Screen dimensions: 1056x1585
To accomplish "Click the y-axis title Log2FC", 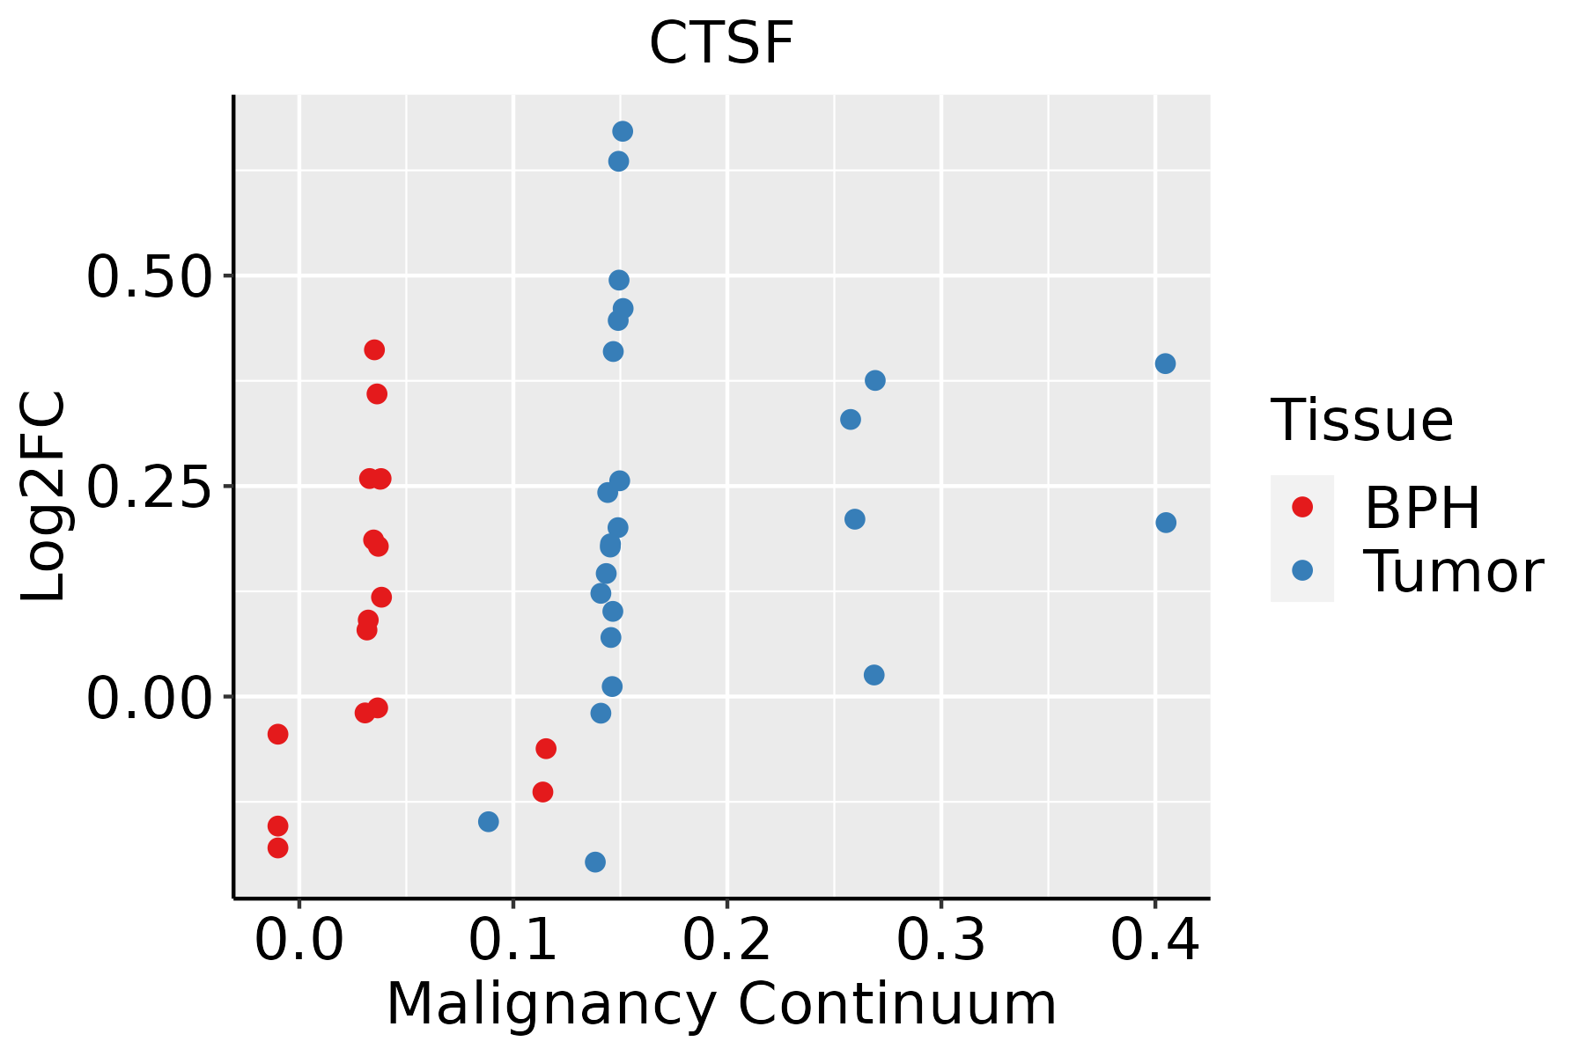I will [x=44, y=497].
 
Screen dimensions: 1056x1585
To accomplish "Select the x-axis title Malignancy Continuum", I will [x=721, y=1004].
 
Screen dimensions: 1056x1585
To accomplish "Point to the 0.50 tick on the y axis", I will [x=150, y=276].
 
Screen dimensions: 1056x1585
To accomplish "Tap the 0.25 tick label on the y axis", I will [x=150, y=487].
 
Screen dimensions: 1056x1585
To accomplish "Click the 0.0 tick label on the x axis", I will [x=299, y=941].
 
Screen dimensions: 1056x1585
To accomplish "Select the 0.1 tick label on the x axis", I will [x=513, y=941].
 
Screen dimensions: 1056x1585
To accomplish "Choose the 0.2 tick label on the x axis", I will [x=727, y=941].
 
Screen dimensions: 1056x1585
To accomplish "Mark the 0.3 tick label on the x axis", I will [x=941, y=941].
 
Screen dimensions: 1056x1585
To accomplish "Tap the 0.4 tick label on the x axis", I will [x=1154, y=941].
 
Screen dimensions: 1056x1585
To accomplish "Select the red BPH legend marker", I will [x=1301, y=506].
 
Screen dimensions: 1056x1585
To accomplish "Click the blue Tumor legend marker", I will [x=1301, y=570].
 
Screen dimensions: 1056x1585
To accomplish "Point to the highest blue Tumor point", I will [x=623, y=132].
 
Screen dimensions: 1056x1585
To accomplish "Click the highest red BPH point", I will [x=374, y=350].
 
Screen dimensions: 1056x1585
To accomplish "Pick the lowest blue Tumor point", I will [x=595, y=862].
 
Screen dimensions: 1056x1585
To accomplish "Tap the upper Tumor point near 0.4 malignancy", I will [x=1165, y=364].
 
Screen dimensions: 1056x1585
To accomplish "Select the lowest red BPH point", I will [x=278, y=847].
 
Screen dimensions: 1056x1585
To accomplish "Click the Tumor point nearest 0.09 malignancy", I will [x=489, y=822].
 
